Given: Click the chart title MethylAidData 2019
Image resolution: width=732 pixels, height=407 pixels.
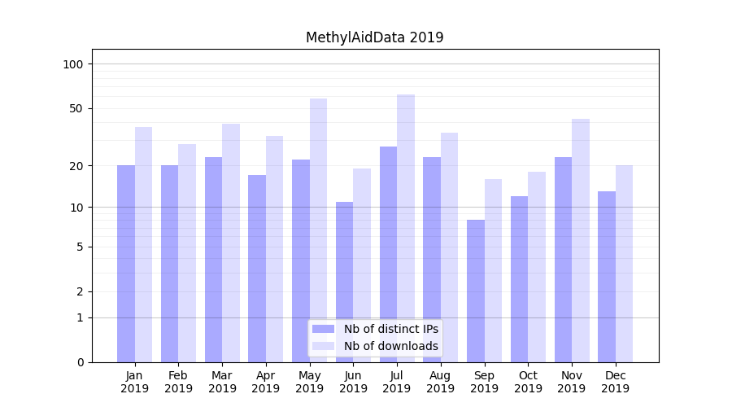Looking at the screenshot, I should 374,37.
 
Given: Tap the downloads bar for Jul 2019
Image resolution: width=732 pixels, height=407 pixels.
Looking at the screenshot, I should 406,228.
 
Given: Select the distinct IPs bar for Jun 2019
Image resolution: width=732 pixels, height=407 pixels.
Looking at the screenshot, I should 345,282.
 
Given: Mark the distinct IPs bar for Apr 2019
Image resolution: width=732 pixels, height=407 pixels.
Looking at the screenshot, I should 257,268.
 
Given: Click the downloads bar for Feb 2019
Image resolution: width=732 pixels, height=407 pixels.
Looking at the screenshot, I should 187,252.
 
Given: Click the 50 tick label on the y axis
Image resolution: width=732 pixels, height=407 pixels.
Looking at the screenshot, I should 76,108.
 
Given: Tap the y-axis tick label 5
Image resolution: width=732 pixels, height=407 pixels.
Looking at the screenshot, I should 80,247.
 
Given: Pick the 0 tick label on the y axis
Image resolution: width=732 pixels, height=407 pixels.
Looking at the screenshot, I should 80,362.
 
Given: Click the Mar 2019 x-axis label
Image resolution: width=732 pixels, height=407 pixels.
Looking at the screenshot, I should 222,382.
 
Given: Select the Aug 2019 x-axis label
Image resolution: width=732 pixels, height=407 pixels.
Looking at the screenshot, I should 441,382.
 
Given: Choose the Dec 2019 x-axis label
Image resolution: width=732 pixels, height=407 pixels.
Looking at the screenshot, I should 615,382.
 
